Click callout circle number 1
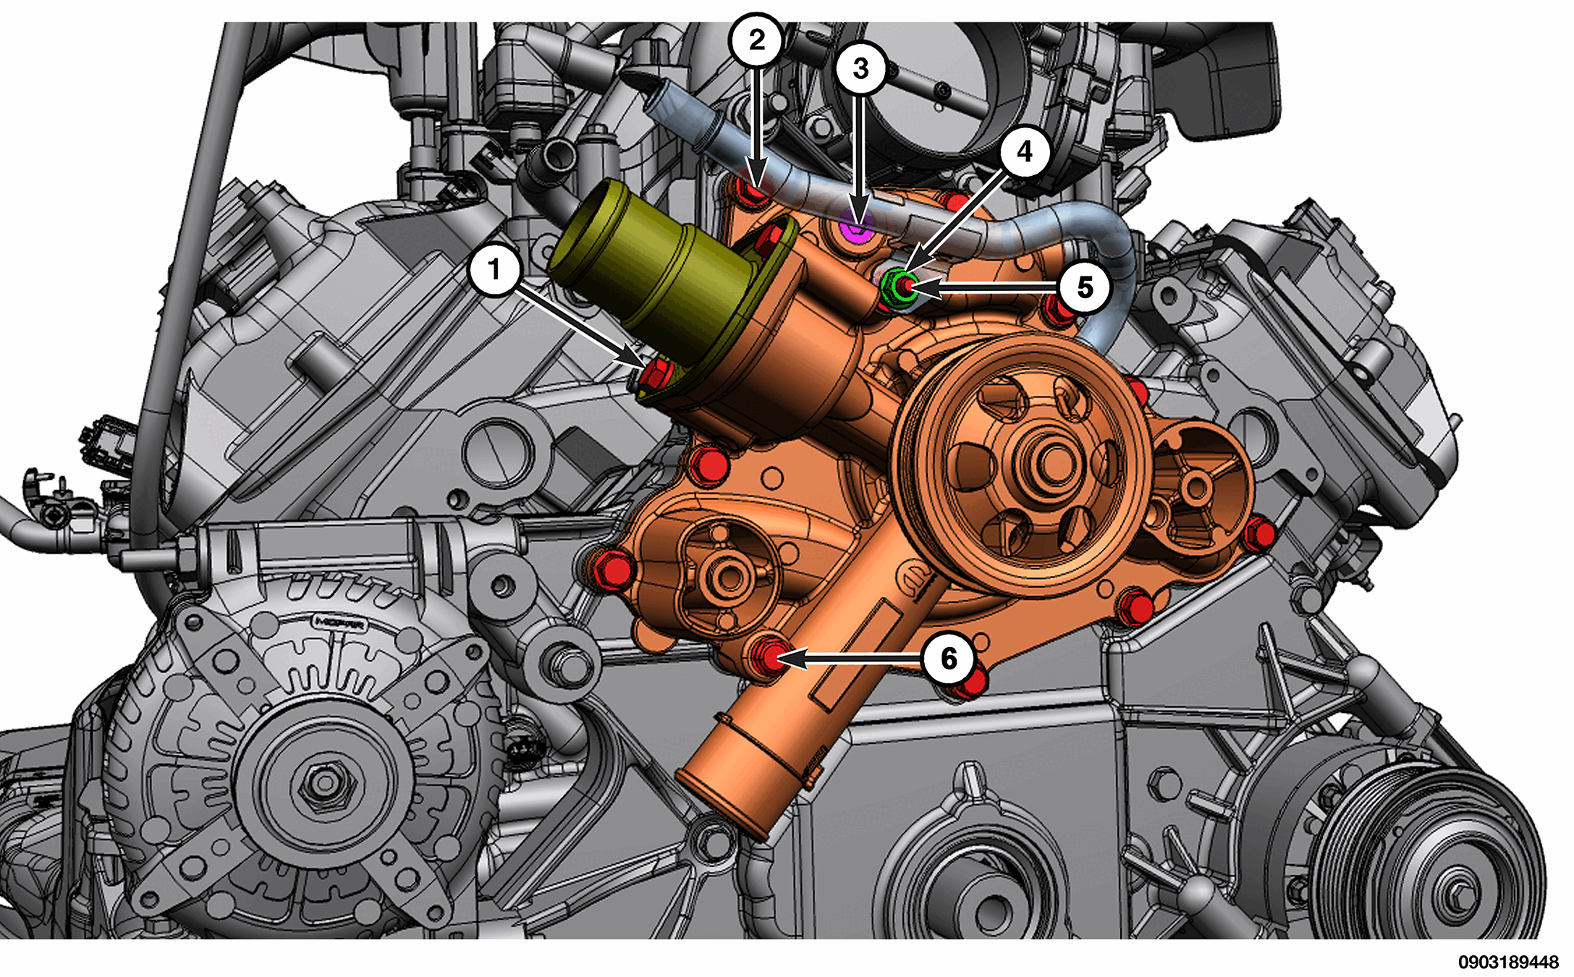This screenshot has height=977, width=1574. click(494, 270)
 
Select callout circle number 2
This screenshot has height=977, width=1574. click(756, 40)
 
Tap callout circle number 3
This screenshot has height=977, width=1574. click(860, 68)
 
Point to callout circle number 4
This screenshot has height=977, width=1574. click(1025, 151)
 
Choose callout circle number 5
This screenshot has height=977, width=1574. click(1084, 287)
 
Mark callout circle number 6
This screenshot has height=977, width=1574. click(948, 658)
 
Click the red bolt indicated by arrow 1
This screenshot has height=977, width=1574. click(657, 372)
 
